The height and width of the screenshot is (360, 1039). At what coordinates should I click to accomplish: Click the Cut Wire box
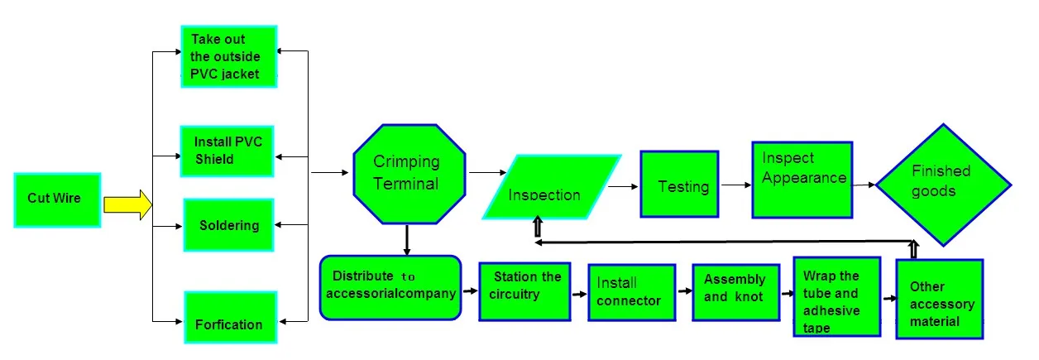[58, 200]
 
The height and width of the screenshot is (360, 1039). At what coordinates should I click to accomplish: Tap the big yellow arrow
[128, 204]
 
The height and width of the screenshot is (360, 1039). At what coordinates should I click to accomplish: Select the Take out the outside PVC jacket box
[229, 56]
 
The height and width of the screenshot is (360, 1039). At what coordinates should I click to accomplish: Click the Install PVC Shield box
[227, 151]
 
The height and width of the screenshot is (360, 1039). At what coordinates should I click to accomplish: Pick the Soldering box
[228, 225]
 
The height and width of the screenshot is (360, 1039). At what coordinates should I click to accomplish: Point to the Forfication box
[231, 317]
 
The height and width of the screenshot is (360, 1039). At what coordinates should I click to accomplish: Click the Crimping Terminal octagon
[409, 174]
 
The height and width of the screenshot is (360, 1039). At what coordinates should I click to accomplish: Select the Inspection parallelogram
[552, 187]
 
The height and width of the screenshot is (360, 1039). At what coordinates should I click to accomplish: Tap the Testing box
[679, 184]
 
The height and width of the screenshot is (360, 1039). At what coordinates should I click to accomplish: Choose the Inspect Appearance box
[802, 180]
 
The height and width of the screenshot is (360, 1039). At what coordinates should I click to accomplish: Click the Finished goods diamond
[943, 185]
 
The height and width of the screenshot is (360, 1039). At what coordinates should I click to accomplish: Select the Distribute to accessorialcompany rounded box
[390, 288]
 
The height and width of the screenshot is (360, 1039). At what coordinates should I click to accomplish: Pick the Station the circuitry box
[525, 291]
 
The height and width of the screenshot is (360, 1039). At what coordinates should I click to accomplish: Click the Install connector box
[632, 292]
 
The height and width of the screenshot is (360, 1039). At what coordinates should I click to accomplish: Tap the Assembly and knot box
[736, 292]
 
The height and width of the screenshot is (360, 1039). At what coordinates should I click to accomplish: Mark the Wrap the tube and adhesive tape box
[837, 296]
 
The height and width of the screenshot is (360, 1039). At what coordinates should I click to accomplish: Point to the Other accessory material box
[940, 300]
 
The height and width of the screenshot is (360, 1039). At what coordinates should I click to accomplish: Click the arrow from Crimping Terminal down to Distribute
[407, 240]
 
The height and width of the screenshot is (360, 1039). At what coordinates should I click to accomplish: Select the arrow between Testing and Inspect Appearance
[736, 185]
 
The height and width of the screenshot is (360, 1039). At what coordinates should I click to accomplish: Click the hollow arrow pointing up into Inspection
[538, 227]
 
